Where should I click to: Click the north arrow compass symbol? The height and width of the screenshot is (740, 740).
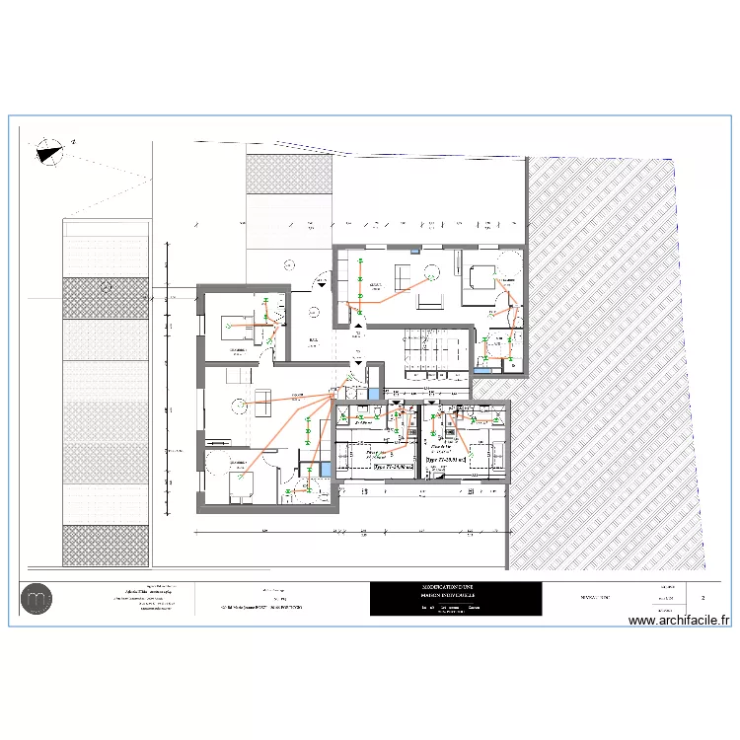[x=49, y=151]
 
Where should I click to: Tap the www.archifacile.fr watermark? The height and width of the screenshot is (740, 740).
[x=679, y=621]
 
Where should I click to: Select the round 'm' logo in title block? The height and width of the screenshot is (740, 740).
[x=39, y=599]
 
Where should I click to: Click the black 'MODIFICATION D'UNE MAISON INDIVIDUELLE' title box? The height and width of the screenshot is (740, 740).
[x=455, y=599]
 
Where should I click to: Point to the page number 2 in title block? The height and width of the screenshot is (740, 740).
[x=703, y=598]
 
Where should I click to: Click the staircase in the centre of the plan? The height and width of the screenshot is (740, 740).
[x=424, y=351]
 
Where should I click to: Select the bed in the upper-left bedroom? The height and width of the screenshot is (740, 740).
[x=237, y=321]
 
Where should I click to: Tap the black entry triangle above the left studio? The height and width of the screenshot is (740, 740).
[x=395, y=404]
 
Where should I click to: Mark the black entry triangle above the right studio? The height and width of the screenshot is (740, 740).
[x=433, y=404]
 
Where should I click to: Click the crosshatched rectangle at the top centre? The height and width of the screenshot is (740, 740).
[x=288, y=174]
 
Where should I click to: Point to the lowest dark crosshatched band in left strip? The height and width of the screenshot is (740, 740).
[x=106, y=546]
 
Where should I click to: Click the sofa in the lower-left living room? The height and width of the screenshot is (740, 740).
[x=262, y=397]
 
